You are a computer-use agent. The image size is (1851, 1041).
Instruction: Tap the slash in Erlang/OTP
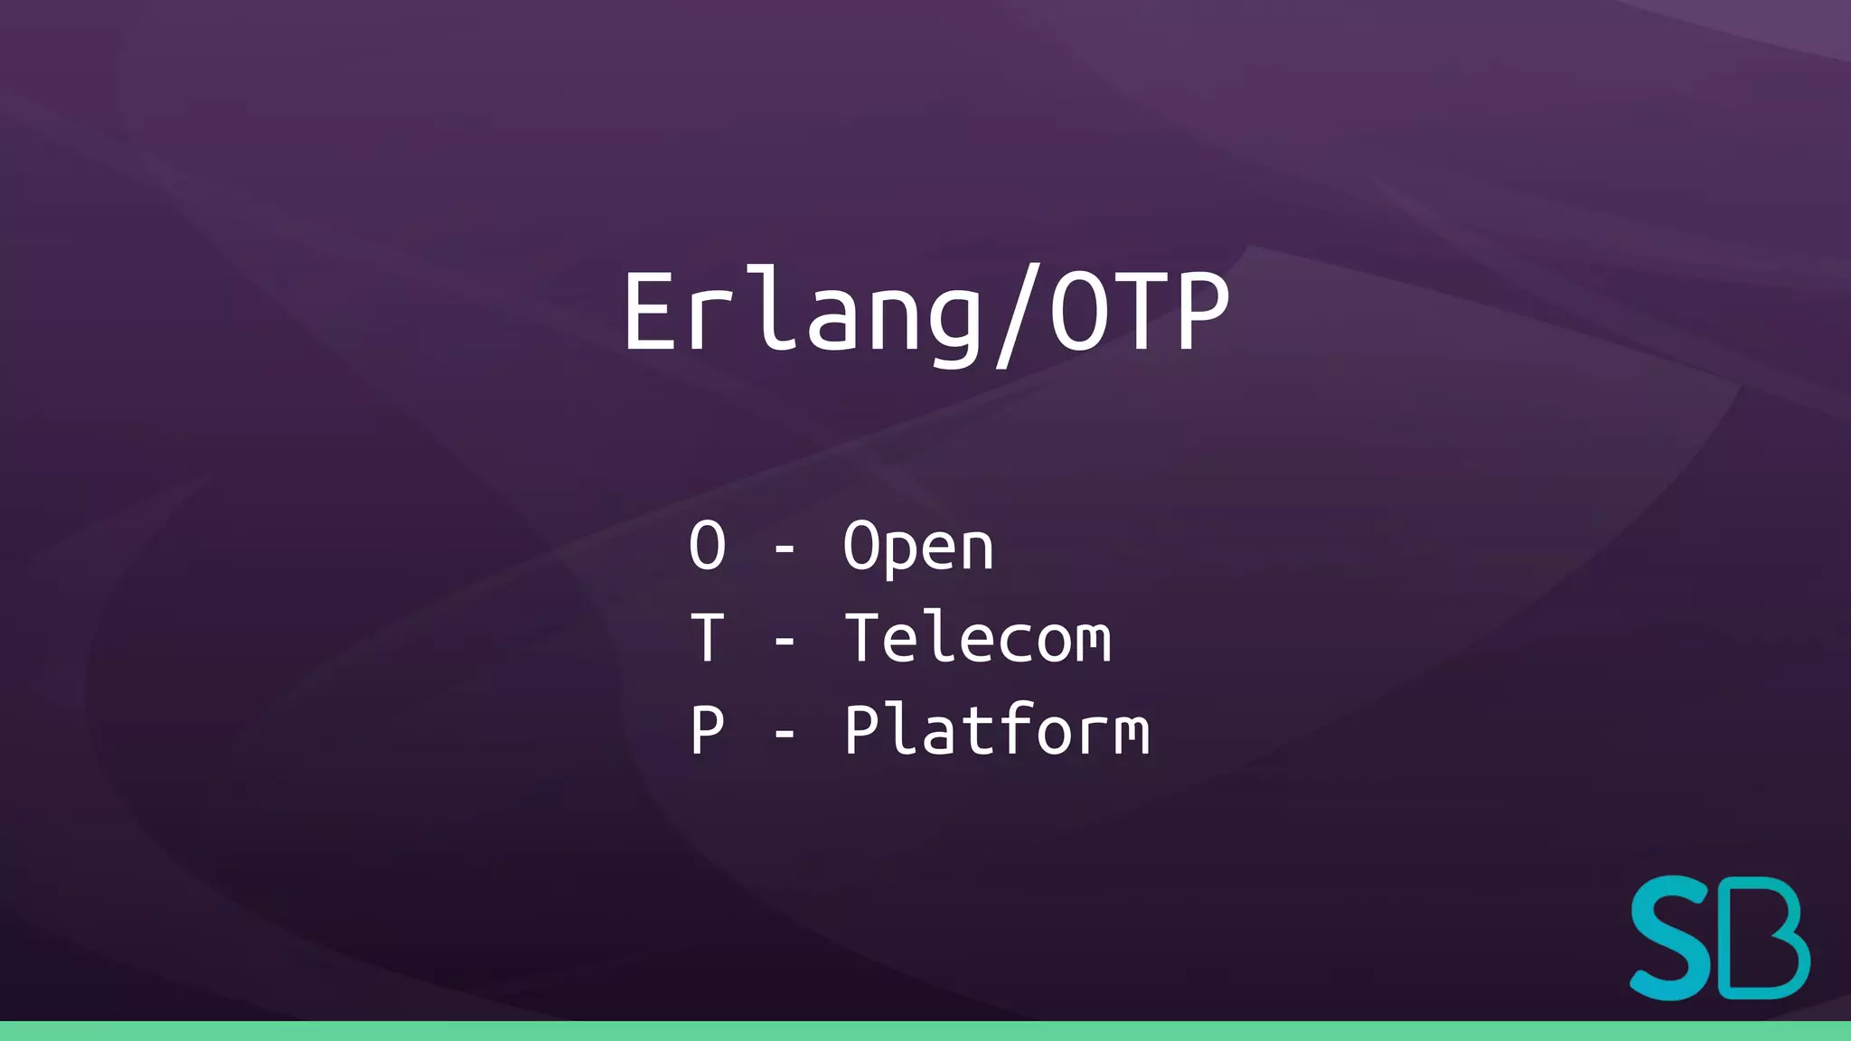coord(1013,316)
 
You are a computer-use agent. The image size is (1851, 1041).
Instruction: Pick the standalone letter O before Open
coord(707,546)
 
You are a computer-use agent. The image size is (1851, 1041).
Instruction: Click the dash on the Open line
coord(785,549)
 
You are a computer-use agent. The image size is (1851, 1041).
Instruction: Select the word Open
coord(918,548)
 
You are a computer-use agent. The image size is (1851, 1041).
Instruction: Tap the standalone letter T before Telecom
coord(707,638)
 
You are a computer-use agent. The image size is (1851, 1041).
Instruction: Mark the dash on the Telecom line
coord(785,641)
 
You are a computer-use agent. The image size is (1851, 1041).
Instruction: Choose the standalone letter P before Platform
coord(707,730)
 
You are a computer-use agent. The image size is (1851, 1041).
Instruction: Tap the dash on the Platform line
coord(785,733)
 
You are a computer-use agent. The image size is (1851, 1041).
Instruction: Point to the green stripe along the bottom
coord(925,1031)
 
